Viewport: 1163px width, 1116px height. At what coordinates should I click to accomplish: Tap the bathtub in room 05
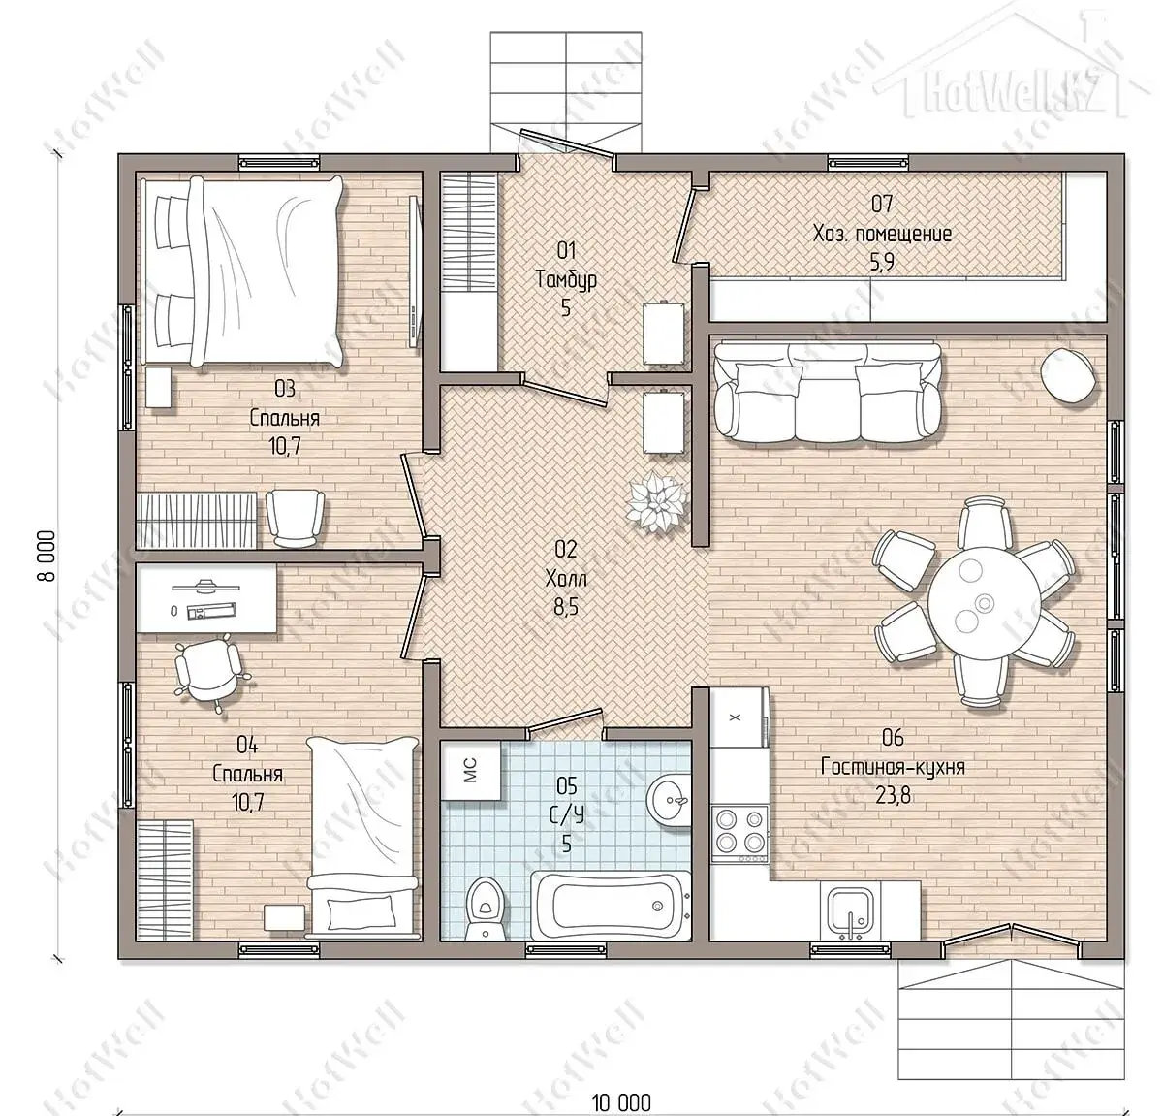click(x=610, y=907)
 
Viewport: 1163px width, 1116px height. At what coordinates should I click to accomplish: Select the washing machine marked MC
click(x=471, y=770)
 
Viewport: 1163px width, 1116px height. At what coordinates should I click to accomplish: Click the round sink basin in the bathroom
click(x=670, y=799)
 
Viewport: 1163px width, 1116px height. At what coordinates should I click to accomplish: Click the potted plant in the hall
click(x=655, y=499)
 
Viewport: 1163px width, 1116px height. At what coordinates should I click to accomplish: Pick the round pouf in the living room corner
click(x=1070, y=376)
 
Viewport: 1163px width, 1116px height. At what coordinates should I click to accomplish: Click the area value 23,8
click(x=893, y=796)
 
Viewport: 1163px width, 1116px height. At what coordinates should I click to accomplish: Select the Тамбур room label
click(x=566, y=280)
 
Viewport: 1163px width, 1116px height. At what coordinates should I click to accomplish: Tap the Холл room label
click(x=566, y=579)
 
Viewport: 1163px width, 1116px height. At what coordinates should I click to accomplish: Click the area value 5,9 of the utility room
click(x=882, y=262)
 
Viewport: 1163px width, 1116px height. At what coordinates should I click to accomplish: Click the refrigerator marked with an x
click(x=739, y=717)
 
